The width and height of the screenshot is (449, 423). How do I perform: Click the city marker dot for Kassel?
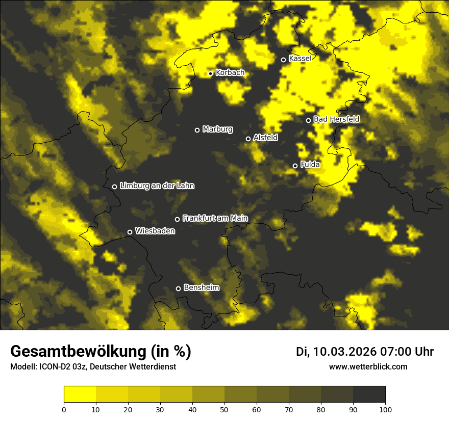click(283, 60)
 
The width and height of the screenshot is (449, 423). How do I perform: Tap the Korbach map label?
click(230, 73)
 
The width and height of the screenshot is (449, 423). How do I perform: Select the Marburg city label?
click(217, 129)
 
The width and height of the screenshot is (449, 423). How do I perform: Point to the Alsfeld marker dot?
click(248, 139)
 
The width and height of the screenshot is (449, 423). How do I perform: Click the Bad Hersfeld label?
click(336, 119)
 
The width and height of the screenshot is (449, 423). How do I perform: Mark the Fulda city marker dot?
click(295, 166)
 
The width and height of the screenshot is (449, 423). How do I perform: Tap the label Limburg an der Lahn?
click(157, 186)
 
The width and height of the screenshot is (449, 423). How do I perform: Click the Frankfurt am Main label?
click(215, 218)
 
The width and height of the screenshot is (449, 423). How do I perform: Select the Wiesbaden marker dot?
click(130, 232)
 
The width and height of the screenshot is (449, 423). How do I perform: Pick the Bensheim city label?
click(201, 287)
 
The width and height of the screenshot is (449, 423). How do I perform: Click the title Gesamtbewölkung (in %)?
click(101, 352)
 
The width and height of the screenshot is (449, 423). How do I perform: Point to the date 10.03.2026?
click(345, 352)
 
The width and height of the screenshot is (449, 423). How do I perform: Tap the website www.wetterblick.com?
click(368, 366)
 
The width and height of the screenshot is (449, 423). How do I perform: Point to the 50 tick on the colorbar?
click(224, 409)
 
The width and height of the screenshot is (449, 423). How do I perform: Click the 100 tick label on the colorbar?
click(385, 409)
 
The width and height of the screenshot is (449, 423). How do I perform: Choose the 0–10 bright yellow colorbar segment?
click(80, 394)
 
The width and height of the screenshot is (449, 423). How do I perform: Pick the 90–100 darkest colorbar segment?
click(369, 394)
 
